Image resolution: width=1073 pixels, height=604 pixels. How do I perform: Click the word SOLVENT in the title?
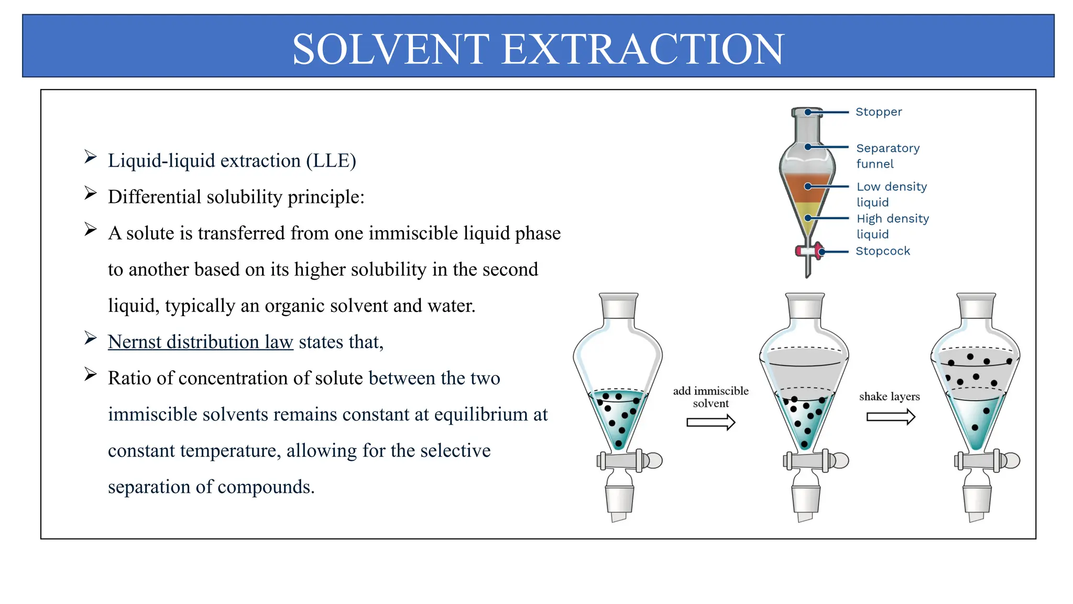point(390,49)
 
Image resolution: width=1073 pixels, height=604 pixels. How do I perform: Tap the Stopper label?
point(879,112)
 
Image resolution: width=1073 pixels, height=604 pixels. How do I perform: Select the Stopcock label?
point(883,251)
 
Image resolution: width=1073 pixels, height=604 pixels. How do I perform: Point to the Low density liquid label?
point(891,194)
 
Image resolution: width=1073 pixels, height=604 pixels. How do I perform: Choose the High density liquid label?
point(892,226)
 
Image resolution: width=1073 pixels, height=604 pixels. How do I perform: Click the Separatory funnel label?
point(888,156)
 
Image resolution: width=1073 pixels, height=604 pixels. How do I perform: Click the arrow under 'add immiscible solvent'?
point(711,422)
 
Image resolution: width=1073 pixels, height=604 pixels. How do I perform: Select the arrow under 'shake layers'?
point(891,417)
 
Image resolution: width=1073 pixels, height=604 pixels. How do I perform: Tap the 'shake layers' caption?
point(889,396)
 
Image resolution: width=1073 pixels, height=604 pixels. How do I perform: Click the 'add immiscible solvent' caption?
point(710,397)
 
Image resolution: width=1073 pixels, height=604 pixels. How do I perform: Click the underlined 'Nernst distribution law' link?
point(200,342)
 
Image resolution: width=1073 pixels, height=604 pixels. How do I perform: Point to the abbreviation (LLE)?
point(331,160)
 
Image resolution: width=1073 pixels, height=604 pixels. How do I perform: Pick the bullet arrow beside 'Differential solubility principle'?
point(91,193)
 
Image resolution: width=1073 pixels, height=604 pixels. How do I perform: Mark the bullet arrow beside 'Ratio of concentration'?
point(91,374)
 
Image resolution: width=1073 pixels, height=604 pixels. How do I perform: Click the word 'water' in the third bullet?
point(451,306)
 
